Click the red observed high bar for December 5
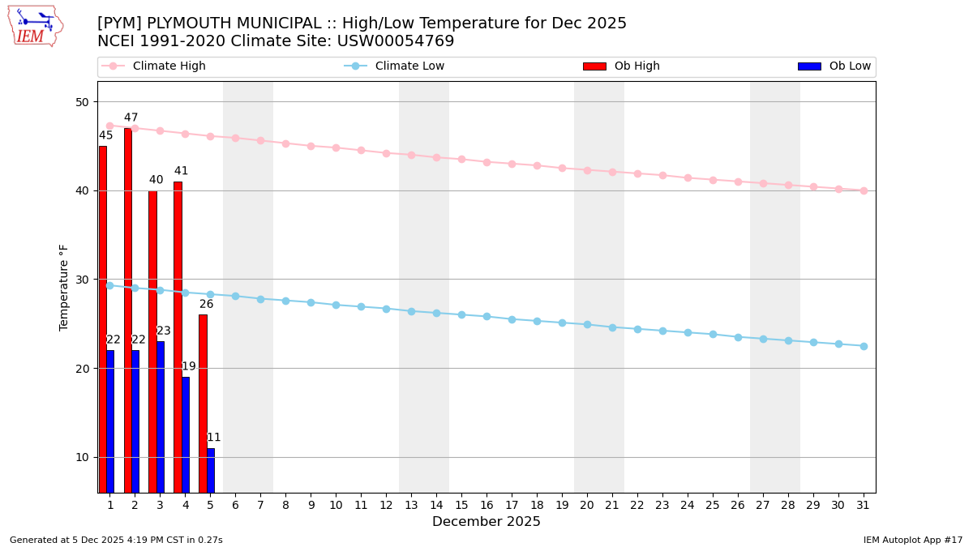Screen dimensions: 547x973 coord(203,403)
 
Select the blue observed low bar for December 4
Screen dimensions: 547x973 coord(186,434)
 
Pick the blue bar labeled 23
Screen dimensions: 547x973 coord(161,417)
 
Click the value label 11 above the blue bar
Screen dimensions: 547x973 coord(213,438)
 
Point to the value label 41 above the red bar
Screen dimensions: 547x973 coord(181,171)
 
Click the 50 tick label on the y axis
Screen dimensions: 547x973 coord(82,102)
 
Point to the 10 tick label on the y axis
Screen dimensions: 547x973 coord(82,457)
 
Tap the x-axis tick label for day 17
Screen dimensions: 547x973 coord(512,505)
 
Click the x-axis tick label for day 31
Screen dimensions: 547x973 coord(863,505)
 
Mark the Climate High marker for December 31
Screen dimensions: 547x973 coord(864,190)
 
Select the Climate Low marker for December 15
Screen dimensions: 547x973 coord(461,314)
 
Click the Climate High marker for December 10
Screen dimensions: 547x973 coord(336,147)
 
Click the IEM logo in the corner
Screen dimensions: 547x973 coord(35,26)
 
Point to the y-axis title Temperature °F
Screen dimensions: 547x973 coord(65,287)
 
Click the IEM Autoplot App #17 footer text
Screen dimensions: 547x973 coord(913,540)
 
